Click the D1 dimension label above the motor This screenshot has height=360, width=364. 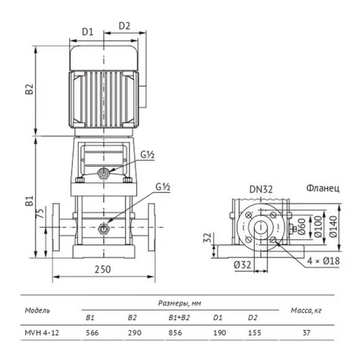[87, 32]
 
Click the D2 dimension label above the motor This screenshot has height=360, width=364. [124, 25]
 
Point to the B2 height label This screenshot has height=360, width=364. [29, 89]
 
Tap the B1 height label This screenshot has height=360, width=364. [29, 201]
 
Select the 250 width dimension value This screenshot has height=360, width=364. [103, 269]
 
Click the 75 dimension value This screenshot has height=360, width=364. [41, 213]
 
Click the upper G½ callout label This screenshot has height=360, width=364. [148, 155]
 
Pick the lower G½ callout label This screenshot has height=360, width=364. [163, 187]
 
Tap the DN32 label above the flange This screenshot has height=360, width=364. [261, 189]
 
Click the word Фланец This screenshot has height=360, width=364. [323, 188]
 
